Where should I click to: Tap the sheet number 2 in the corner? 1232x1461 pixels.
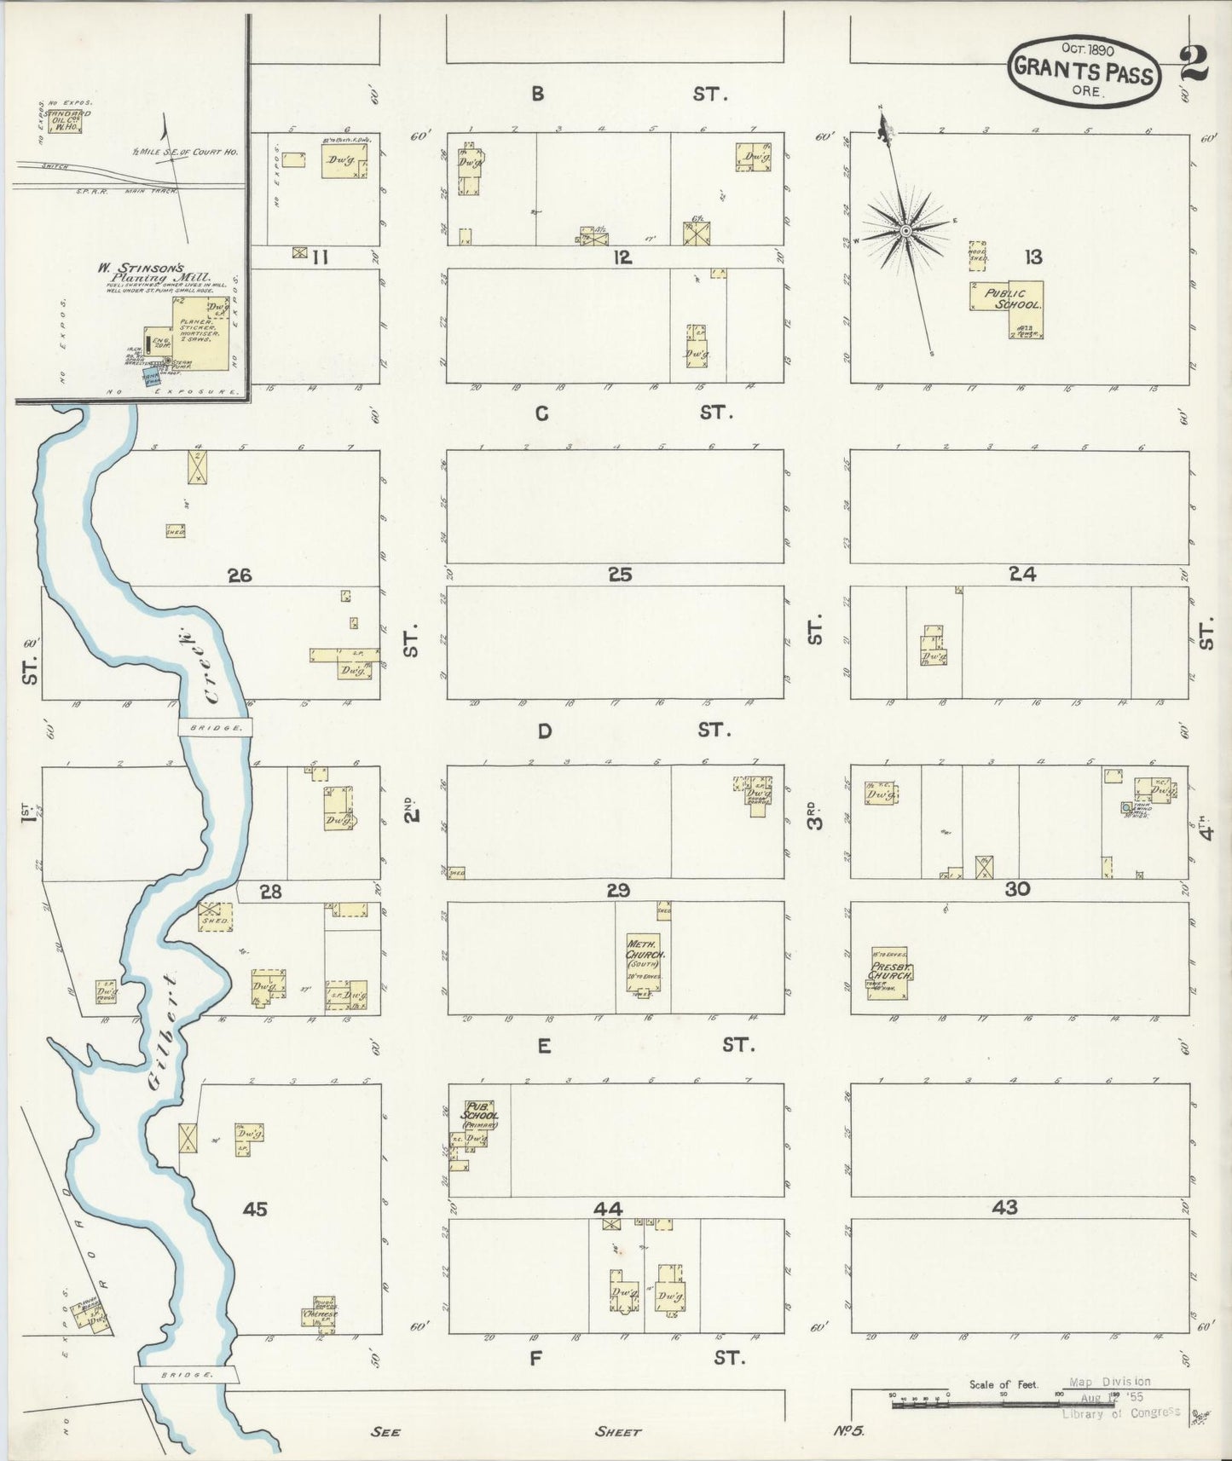coord(1194,64)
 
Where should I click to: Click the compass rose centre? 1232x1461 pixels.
coord(905,229)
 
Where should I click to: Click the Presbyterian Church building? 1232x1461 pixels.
coord(889,973)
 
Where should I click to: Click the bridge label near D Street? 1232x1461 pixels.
coord(216,727)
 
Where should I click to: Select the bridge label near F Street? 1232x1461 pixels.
coord(186,1375)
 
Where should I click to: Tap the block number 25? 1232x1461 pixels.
coord(620,575)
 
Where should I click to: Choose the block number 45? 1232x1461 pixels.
coord(255,1209)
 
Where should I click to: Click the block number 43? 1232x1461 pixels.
coord(1005,1207)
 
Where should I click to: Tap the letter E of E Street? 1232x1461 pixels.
coord(543,1046)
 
